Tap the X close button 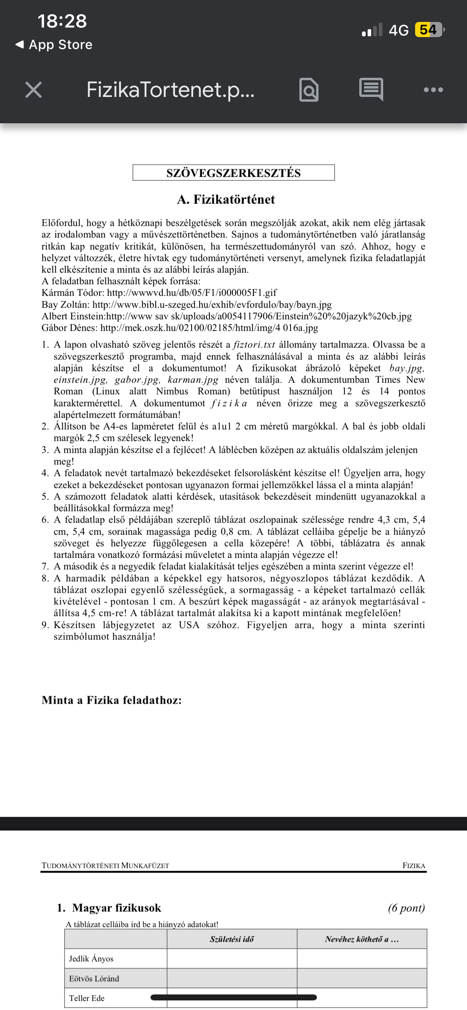pyautogui.click(x=34, y=90)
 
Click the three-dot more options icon pyautogui.click(x=433, y=90)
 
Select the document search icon pyautogui.click(x=309, y=90)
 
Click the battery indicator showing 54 pyautogui.click(x=429, y=30)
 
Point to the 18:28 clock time pyautogui.click(x=62, y=21)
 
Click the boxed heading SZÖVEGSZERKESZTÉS pyautogui.click(x=234, y=173)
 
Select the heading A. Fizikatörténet pyautogui.click(x=226, y=199)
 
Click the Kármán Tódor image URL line pyautogui.click(x=159, y=293)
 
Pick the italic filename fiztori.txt pyautogui.click(x=254, y=345)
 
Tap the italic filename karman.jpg pyautogui.click(x=193, y=380)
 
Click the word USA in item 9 pyautogui.click(x=189, y=625)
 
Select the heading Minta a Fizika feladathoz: pyautogui.click(x=111, y=700)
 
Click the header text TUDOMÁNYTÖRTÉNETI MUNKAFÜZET pyautogui.click(x=105, y=866)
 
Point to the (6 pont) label pyautogui.click(x=406, y=908)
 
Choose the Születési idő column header pyautogui.click(x=232, y=939)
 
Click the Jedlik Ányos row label pyautogui.click(x=91, y=959)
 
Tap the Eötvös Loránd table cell pyautogui.click(x=94, y=978)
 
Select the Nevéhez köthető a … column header pyautogui.click(x=362, y=939)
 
